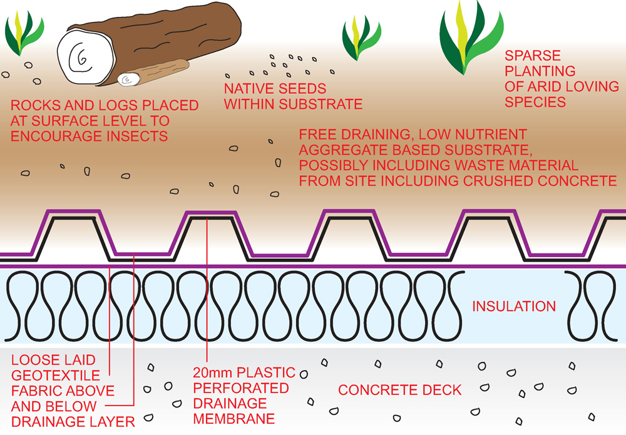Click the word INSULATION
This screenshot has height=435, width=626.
pyautogui.click(x=514, y=306)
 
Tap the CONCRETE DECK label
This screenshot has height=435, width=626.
pyautogui.click(x=399, y=390)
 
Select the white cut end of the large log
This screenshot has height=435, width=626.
pyautogui.click(x=86, y=57)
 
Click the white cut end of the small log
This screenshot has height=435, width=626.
pyautogui.click(x=128, y=80)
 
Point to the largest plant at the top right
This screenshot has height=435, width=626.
pyautogui.click(x=471, y=38)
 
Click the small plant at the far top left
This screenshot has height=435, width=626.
pyautogui.click(x=24, y=33)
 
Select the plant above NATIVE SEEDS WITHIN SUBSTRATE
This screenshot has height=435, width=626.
pyautogui.click(x=361, y=38)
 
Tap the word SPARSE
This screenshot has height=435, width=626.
pyautogui.click(x=533, y=56)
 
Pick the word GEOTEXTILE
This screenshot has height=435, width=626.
pyautogui.click(x=56, y=376)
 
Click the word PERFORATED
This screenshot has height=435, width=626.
pyautogui.click(x=241, y=388)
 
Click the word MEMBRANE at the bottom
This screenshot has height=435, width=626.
pyautogui.click(x=234, y=419)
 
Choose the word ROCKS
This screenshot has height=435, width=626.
pyautogui.click(x=36, y=105)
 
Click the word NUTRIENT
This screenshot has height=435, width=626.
pyautogui.click(x=490, y=134)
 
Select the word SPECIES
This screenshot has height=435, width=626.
pyautogui.click(x=535, y=102)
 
